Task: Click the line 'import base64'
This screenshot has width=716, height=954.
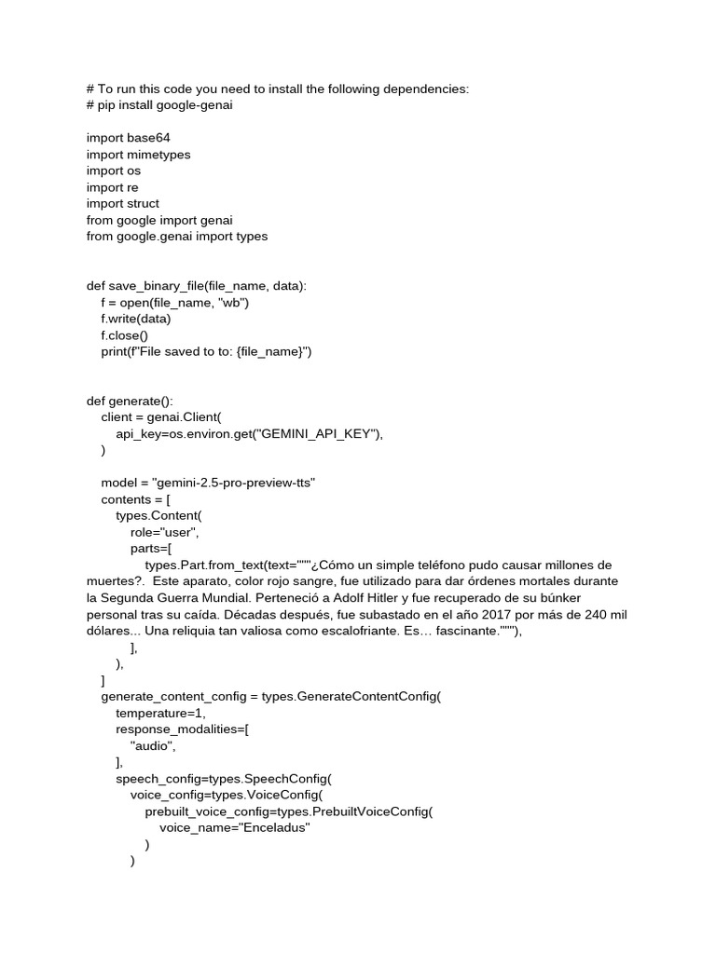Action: (129, 138)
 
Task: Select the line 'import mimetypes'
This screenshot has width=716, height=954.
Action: (139, 155)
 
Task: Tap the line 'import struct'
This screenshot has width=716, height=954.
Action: (123, 203)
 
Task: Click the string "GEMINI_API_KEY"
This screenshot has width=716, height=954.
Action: (318, 433)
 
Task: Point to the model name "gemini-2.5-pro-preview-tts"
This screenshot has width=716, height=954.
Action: (240, 483)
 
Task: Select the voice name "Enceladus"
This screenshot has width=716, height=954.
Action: (275, 826)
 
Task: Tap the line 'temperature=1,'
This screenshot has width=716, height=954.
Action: (159, 713)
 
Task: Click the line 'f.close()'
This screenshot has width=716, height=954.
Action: (124, 334)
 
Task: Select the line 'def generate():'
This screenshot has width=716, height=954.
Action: (130, 401)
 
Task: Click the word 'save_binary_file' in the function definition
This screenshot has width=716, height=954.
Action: (157, 286)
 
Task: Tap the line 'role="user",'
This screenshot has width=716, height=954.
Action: (165, 532)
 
